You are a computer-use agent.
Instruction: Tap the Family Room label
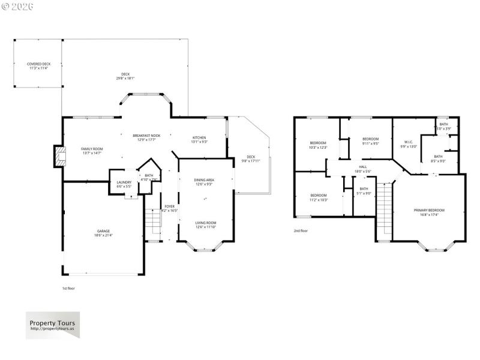tap(92, 151)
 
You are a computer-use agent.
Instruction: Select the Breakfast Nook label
tap(146, 138)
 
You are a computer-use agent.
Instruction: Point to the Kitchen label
tap(199, 140)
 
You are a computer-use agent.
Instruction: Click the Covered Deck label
tap(38, 66)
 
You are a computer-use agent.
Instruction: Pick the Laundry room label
tap(124, 184)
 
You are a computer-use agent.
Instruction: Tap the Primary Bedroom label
tap(429, 212)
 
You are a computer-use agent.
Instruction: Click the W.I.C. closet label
tap(407, 144)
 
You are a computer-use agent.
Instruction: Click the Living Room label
tap(205, 224)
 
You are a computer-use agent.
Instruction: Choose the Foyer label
tap(170, 209)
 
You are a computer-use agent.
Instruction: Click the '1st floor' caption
tap(69, 288)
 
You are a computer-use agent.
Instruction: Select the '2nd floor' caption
tap(301, 230)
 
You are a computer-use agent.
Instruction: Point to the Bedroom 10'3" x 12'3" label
tap(318, 145)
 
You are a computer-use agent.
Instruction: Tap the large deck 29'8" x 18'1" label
tap(125, 76)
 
